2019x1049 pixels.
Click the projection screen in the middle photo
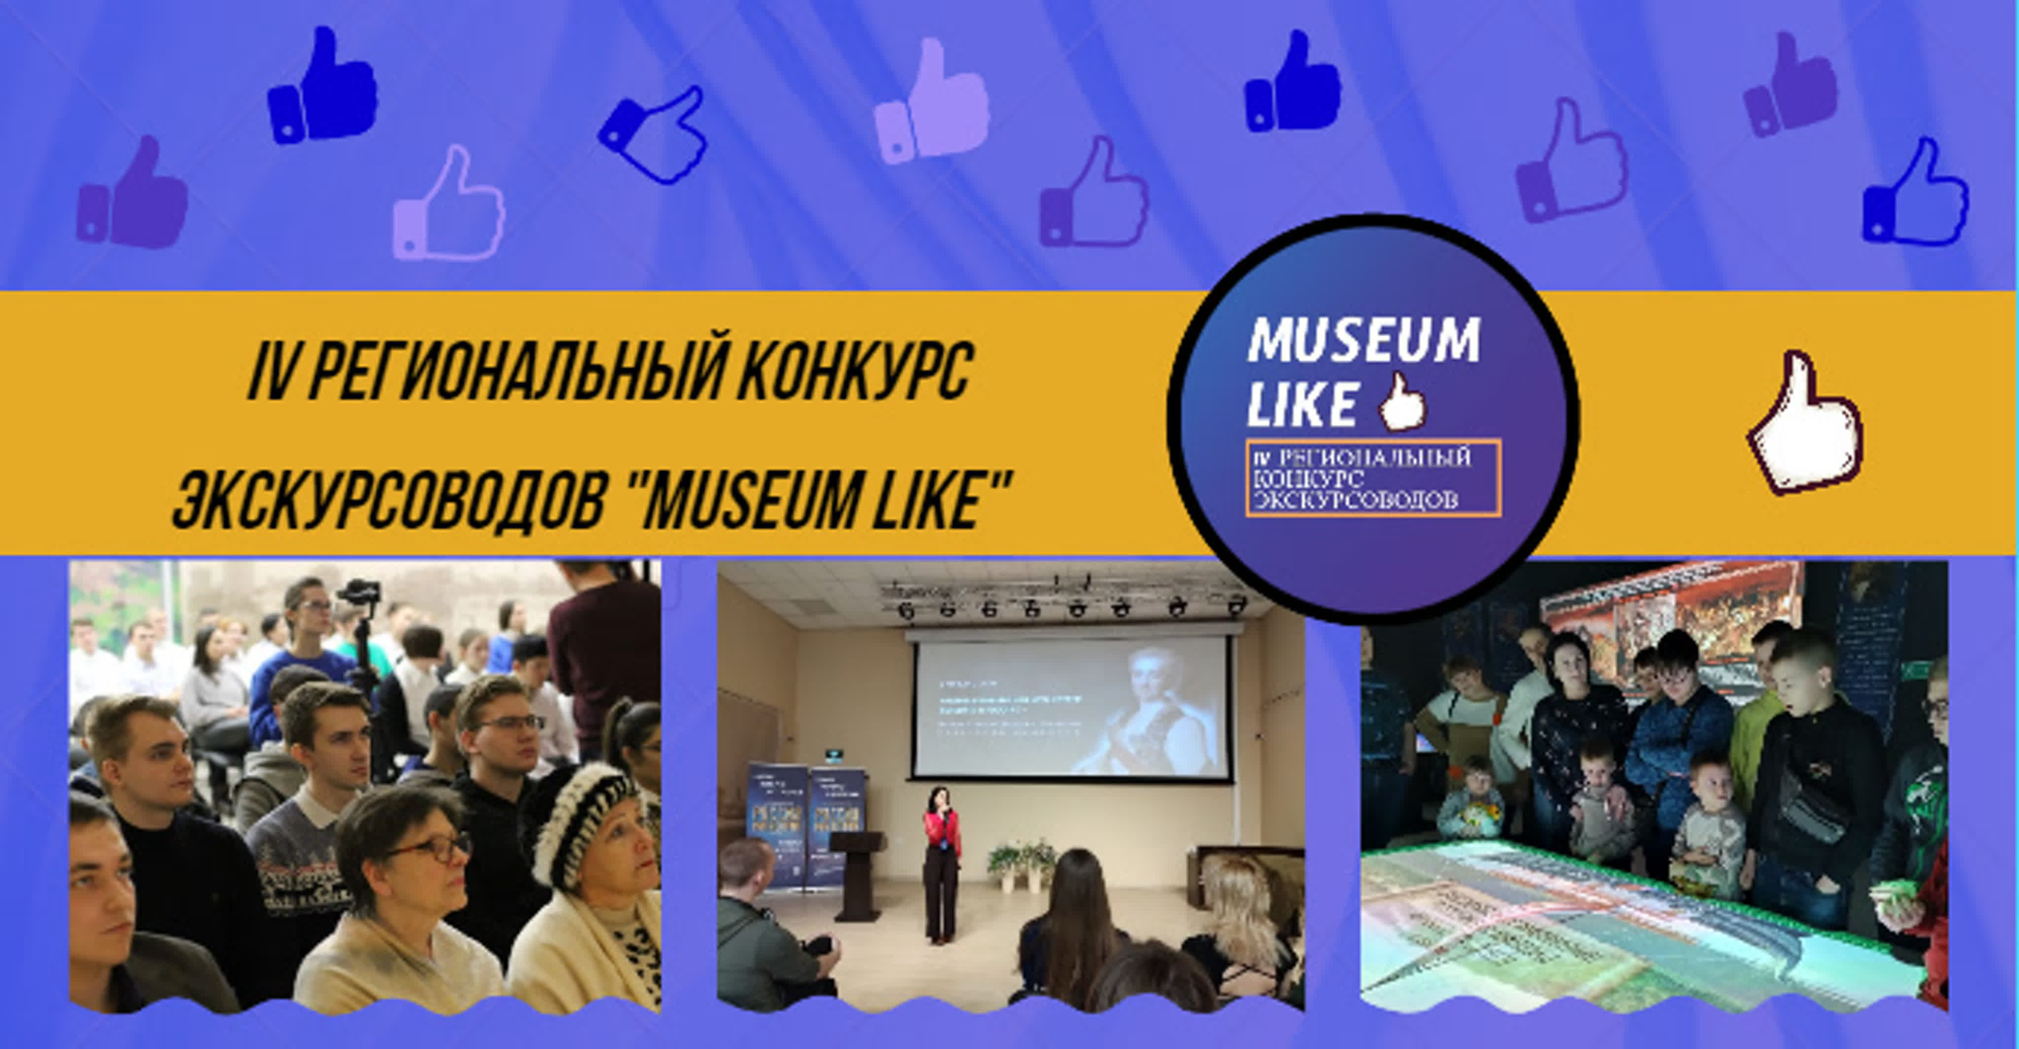(1070, 705)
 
